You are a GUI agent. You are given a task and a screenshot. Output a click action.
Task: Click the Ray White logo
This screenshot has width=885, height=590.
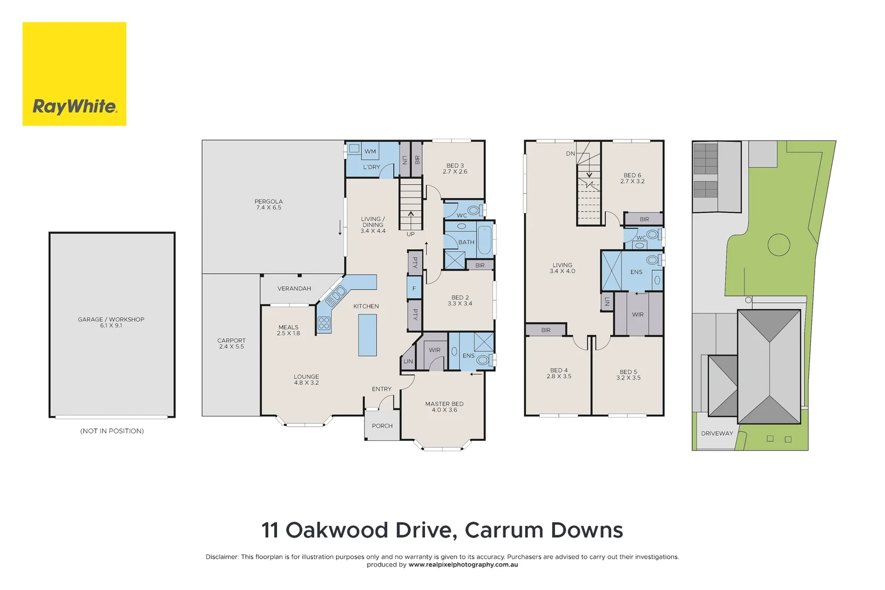tap(74, 74)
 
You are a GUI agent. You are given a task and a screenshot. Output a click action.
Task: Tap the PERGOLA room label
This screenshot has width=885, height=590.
tap(268, 204)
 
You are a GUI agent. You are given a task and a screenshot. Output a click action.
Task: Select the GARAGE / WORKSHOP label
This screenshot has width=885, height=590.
tap(111, 322)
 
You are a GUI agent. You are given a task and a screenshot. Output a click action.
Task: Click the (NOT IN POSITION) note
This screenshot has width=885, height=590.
tap(112, 431)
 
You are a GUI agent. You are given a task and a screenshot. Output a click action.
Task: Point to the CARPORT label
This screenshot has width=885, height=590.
tap(231, 343)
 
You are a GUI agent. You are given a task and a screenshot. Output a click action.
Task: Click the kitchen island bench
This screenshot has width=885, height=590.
tap(368, 335)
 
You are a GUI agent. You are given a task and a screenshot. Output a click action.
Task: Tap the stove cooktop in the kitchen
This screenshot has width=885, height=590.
tap(324, 323)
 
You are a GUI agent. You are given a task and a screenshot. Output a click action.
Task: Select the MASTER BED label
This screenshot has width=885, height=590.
tap(444, 406)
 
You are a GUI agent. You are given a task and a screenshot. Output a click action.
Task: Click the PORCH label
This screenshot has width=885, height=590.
tap(382, 426)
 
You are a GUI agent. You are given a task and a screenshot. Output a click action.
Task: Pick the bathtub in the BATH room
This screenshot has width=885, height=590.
tap(485, 240)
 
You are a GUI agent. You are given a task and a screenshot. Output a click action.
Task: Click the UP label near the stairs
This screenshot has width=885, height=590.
tap(410, 234)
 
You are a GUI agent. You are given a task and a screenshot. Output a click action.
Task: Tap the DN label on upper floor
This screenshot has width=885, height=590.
tap(570, 154)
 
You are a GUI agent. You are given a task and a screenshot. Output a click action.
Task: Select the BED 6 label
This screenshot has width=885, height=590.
tap(632, 178)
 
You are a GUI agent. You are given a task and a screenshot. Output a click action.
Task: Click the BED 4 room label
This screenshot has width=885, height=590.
tap(559, 373)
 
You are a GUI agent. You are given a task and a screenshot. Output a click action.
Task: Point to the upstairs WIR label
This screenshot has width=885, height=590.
tap(638, 315)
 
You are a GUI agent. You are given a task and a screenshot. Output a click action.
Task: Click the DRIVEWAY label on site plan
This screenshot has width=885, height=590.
tap(717, 434)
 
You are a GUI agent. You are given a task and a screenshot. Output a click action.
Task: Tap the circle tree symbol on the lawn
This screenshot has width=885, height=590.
tap(778, 245)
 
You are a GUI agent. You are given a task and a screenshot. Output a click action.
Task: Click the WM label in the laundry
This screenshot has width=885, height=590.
tap(370, 151)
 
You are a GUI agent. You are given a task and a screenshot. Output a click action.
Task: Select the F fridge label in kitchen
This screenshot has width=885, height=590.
tap(414, 288)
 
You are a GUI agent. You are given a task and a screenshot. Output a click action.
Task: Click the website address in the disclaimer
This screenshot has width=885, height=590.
tap(463, 565)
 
